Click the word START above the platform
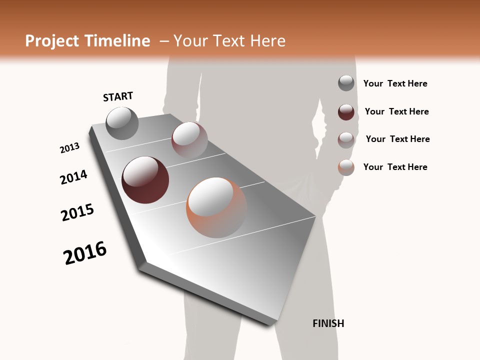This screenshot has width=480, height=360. [x=118, y=96]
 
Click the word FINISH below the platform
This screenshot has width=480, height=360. [x=328, y=323]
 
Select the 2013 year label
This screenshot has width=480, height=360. [x=69, y=148]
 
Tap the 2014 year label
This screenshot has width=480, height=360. [x=73, y=177]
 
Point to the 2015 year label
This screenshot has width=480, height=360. [x=77, y=212]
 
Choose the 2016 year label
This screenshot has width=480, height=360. [x=85, y=252]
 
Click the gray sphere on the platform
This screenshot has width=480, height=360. [x=122, y=123]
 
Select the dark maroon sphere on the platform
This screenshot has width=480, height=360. [x=145, y=180]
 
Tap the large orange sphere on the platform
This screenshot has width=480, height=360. [x=216, y=207]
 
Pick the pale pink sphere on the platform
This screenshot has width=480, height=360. [x=189, y=139]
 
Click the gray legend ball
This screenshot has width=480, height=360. [x=346, y=83]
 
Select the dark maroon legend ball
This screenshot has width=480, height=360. [x=346, y=112]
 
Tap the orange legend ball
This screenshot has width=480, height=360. [x=346, y=167]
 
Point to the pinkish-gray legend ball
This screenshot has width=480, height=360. [x=346, y=139]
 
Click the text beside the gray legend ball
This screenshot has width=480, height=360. [x=395, y=84]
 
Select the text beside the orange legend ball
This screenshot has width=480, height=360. [x=395, y=167]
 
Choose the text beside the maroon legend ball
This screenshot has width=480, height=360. [x=396, y=111]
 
